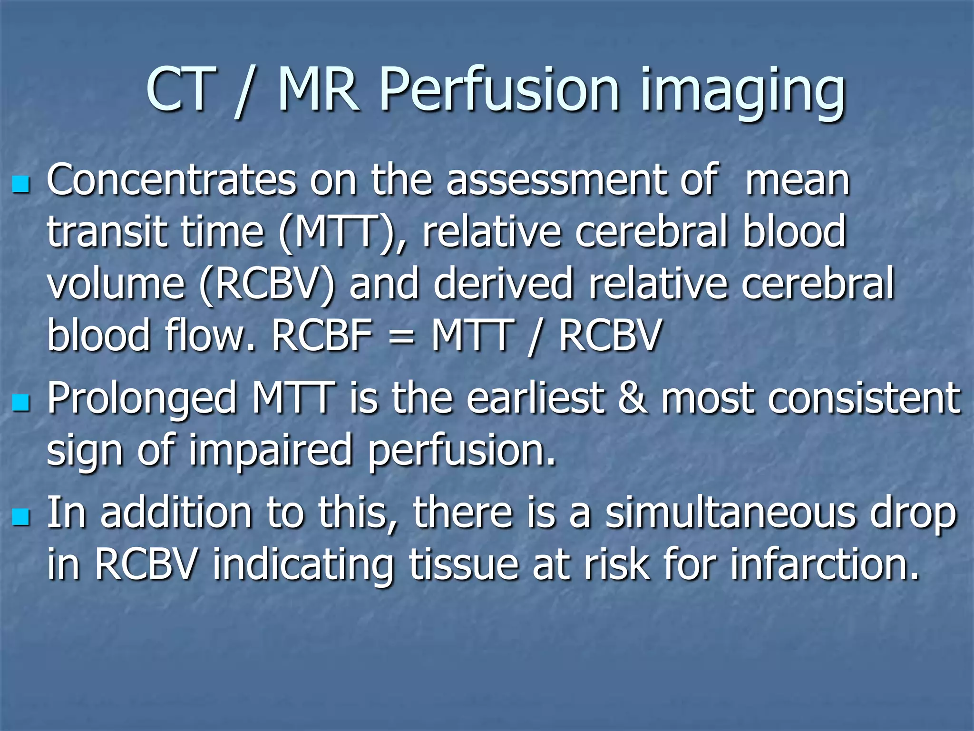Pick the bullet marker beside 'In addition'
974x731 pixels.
(21, 516)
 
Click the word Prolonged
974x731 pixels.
(142, 400)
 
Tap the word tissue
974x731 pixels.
(464, 564)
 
